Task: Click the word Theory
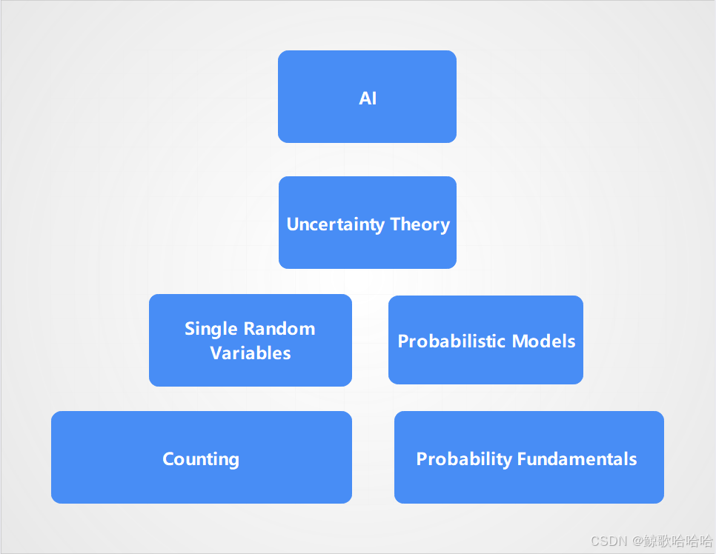pos(420,224)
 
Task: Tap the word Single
pos(211,329)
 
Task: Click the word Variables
pos(251,353)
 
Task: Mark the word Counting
pos(201,459)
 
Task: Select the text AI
pos(368,99)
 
